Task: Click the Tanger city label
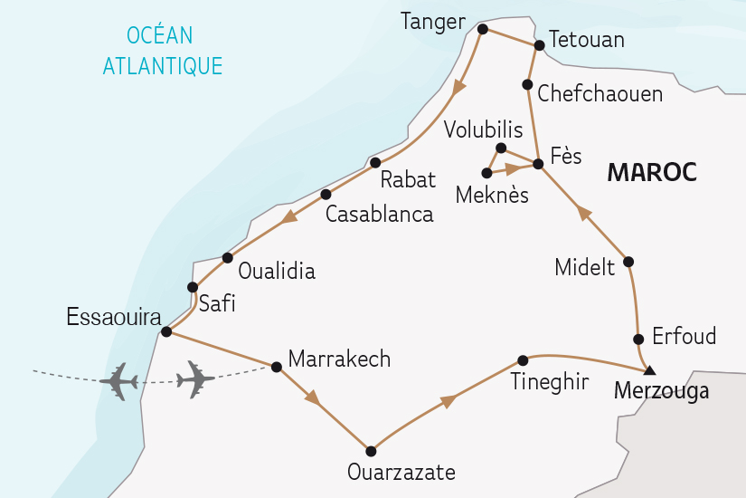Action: (432, 23)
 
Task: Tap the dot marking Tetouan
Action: (539, 44)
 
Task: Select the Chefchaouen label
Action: (600, 93)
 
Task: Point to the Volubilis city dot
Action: (501, 148)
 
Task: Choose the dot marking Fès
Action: (538, 164)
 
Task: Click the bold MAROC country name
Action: (652, 172)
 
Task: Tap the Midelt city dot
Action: (629, 262)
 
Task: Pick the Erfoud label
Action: (685, 337)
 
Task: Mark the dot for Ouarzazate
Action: (370, 450)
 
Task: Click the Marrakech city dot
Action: (277, 367)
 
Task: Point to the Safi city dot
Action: (193, 287)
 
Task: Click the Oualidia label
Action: (276, 270)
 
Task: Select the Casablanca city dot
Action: (326, 194)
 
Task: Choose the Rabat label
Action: (408, 179)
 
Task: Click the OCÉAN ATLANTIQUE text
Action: (162, 51)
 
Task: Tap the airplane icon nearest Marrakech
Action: (195, 379)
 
